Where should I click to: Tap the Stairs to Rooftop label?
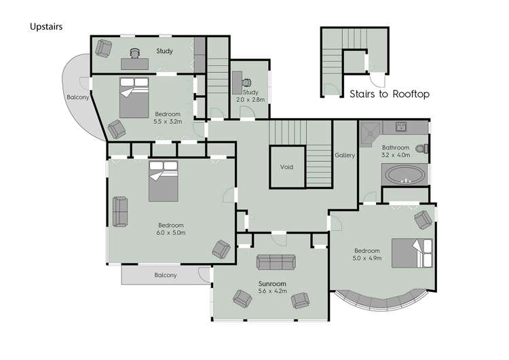click(x=389, y=94)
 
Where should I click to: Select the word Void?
click(x=286, y=166)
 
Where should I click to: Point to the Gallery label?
click(x=345, y=156)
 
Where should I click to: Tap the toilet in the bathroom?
click(x=423, y=148)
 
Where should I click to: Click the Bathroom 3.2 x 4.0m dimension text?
click(x=395, y=151)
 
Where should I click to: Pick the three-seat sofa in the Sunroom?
click(x=276, y=262)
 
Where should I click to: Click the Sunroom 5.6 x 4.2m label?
click(x=271, y=287)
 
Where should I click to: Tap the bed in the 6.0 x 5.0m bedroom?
click(x=163, y=181)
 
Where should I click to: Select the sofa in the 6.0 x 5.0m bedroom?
click(x=120, y=211)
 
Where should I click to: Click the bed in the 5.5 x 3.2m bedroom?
click(x=134, y=96)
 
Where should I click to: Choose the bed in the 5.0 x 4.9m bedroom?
click(x=411, y=253)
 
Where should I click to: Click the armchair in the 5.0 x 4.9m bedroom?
click(x=422, y=219)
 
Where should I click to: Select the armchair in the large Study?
click(x=104, y=48)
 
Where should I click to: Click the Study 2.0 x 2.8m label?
click(x=250, y=96)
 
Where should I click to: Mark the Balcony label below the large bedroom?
click(x=165, y=275)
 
